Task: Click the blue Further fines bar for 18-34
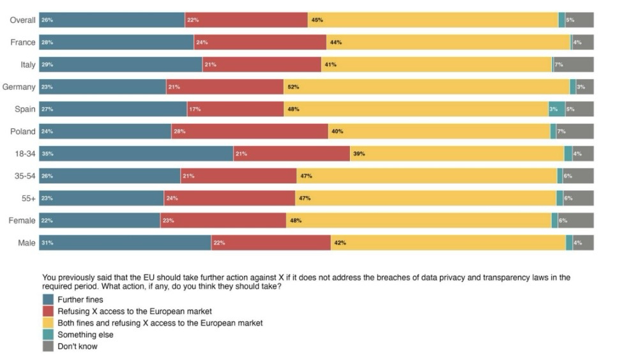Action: click(136, 154)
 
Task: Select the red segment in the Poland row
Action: click(249, 131)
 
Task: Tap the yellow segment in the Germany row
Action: click(426, 87)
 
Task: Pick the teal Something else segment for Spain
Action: click(556, 109)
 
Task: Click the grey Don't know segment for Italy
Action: click(573, 64)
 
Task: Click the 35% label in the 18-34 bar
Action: click(47, 154)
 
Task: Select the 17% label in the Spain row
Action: click(195, 109)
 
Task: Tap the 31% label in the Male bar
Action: click(47, 243)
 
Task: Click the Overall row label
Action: click(22, 20)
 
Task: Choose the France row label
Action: click(23, 42)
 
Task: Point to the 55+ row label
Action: click(27, 199)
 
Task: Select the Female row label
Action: click(22, 221)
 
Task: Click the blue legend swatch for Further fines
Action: click(47, 299)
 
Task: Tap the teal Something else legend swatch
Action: click(47, 335)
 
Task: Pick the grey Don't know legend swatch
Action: click(47, 347)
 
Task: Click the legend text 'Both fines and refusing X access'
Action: click(160, 323)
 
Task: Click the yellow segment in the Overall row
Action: click(432, 20)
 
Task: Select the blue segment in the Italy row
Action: click(120, 64)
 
